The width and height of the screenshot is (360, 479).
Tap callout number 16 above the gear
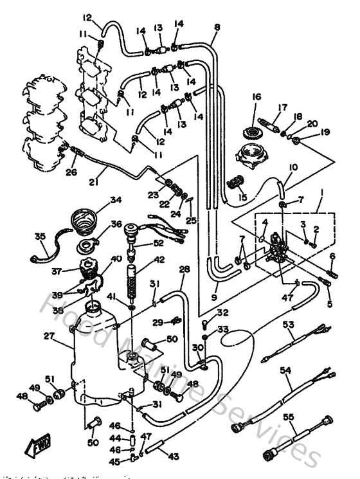[256, 97]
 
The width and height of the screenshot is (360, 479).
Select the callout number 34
[115, 200]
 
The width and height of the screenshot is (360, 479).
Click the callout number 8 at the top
[217, 27]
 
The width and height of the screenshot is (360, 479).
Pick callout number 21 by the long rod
[94, 182]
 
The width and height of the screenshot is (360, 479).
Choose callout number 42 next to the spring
[158, 260]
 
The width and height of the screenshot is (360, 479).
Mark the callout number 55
[289, 417]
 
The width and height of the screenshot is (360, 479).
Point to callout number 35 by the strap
[40, 237]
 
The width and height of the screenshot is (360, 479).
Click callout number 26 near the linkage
[71, 172]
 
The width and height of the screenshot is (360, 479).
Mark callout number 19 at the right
[325, 132]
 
